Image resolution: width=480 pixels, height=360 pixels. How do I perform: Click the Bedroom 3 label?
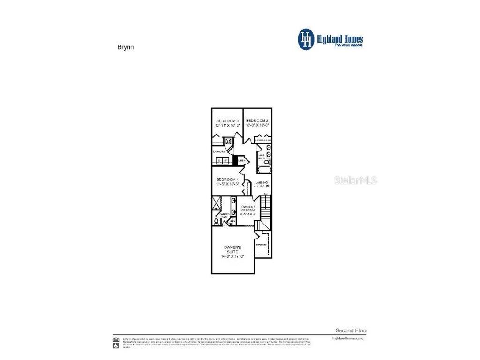point(227,121)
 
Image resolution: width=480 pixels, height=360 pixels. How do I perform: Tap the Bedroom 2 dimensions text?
point(257,126)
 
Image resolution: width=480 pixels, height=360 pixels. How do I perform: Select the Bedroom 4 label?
point(227,180)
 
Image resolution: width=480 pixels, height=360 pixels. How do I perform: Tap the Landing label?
point(262,182)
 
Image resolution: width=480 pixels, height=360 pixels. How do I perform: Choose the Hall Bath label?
point(261,156)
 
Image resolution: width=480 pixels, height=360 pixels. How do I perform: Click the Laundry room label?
point(219,152)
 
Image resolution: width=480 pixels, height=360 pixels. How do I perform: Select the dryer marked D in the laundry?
point(219,161)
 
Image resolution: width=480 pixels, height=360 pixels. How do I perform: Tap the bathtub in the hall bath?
point(263,170)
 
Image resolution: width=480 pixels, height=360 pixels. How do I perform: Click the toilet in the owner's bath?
point(217,221)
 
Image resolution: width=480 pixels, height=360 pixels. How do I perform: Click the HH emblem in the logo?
point(306,39)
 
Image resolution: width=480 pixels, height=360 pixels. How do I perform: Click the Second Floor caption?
point(352,330)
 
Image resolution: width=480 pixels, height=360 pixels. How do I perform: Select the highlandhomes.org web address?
point(347,338)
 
